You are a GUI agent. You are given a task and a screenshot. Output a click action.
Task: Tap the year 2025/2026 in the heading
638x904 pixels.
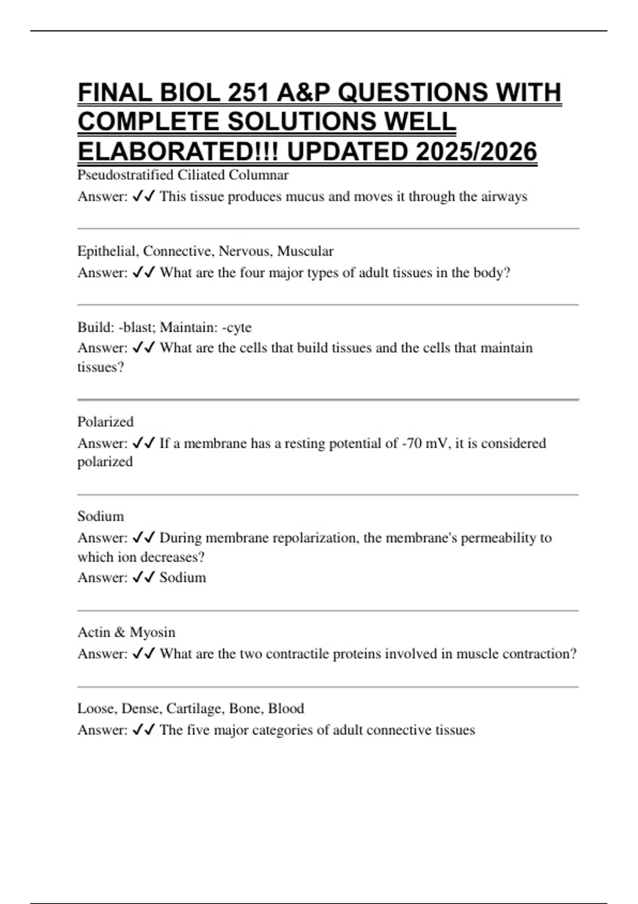(477, 152)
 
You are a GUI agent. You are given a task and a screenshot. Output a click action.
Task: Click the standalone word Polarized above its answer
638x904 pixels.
(105, 422)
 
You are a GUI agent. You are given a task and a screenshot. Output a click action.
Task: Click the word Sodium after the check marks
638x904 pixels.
(182, 577)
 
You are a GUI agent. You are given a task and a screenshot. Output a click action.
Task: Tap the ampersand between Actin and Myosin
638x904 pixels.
(120, 632)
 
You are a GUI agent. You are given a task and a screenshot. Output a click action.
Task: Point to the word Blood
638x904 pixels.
(286, 708)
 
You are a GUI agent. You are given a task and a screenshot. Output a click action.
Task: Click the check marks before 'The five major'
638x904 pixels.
(143, 730)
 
